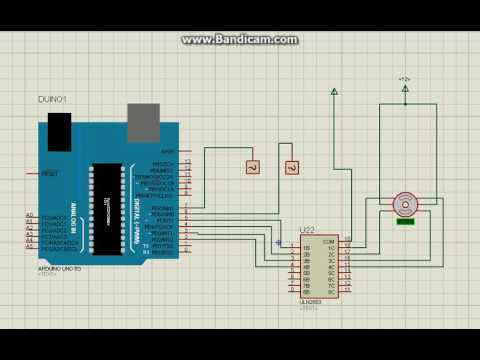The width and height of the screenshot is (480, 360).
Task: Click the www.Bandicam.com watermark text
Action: coord(239,40)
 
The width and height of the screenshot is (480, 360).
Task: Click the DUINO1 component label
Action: coord(52,100)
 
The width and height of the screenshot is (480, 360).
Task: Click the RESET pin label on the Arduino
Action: coord(50,174)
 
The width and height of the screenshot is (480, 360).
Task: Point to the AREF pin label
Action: coord(168,151)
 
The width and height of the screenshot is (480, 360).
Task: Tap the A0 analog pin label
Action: coord(30,215)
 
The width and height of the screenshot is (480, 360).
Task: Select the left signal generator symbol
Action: coord(252,167)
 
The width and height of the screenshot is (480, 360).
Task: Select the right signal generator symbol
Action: coord(291,167)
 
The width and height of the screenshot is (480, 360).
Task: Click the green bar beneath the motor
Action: coord(405,222)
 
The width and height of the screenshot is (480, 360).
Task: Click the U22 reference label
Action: coord(306,231)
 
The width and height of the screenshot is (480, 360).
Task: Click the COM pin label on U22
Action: coord(327,242)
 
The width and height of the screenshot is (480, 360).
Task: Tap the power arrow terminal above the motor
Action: coord(405,88)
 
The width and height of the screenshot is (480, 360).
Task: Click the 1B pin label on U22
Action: coord(307,248)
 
